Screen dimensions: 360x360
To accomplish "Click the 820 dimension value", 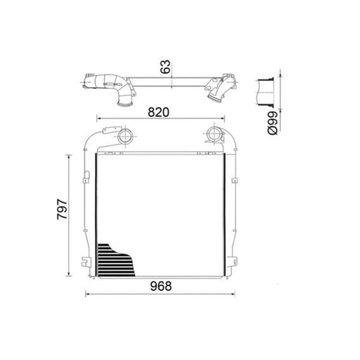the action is [158, 112].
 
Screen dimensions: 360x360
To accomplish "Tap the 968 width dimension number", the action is [161, 286].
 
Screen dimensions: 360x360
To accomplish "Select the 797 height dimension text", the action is [62, 210].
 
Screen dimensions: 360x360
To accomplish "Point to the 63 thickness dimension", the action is [166, 67].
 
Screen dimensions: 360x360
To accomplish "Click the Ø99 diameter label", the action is [273, 123].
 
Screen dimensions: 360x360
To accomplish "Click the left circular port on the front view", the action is [125, 136].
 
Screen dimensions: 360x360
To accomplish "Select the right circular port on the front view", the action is [214, 134].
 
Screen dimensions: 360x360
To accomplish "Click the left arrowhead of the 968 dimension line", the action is [87, 294].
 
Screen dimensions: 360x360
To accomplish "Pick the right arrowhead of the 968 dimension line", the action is [233, 294].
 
